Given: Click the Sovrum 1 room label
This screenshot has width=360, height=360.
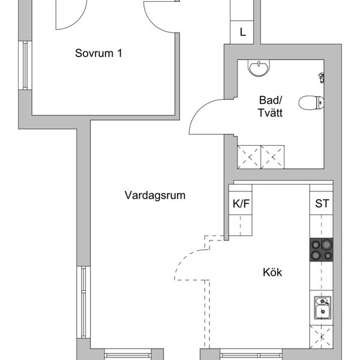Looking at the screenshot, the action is click(98, 53).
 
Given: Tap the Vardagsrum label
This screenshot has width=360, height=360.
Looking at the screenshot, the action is click(155, 196).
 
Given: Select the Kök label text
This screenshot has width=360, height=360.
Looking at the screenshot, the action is click(272, 272).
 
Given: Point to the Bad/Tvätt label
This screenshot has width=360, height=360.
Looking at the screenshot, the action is click(270, 107).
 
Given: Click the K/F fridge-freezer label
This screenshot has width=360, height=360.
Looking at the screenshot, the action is click(241, 203).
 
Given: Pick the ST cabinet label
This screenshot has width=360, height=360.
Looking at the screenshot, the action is click(322, 203).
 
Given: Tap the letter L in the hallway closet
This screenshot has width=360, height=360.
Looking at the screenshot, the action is click(242, 32).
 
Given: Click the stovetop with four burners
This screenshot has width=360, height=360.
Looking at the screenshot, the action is click(321, 250).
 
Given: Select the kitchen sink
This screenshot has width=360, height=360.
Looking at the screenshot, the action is click(323, 308).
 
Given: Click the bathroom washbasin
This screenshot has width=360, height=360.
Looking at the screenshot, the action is click(259, 68).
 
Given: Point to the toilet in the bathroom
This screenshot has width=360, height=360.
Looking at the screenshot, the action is click(311, 103).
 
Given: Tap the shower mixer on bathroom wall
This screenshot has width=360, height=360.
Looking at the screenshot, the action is click(322, 77).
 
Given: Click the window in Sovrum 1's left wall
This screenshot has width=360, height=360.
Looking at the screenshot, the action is click(25, 65).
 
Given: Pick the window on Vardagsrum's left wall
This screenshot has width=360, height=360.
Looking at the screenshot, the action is click(83, 302).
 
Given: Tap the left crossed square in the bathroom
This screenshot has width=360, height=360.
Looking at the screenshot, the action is click(249, 157).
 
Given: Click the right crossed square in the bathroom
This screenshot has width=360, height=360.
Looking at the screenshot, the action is click(272, 157).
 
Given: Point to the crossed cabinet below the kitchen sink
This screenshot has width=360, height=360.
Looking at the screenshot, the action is click(321, 337).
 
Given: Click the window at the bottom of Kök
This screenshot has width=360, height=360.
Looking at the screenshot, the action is click(251, 354).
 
